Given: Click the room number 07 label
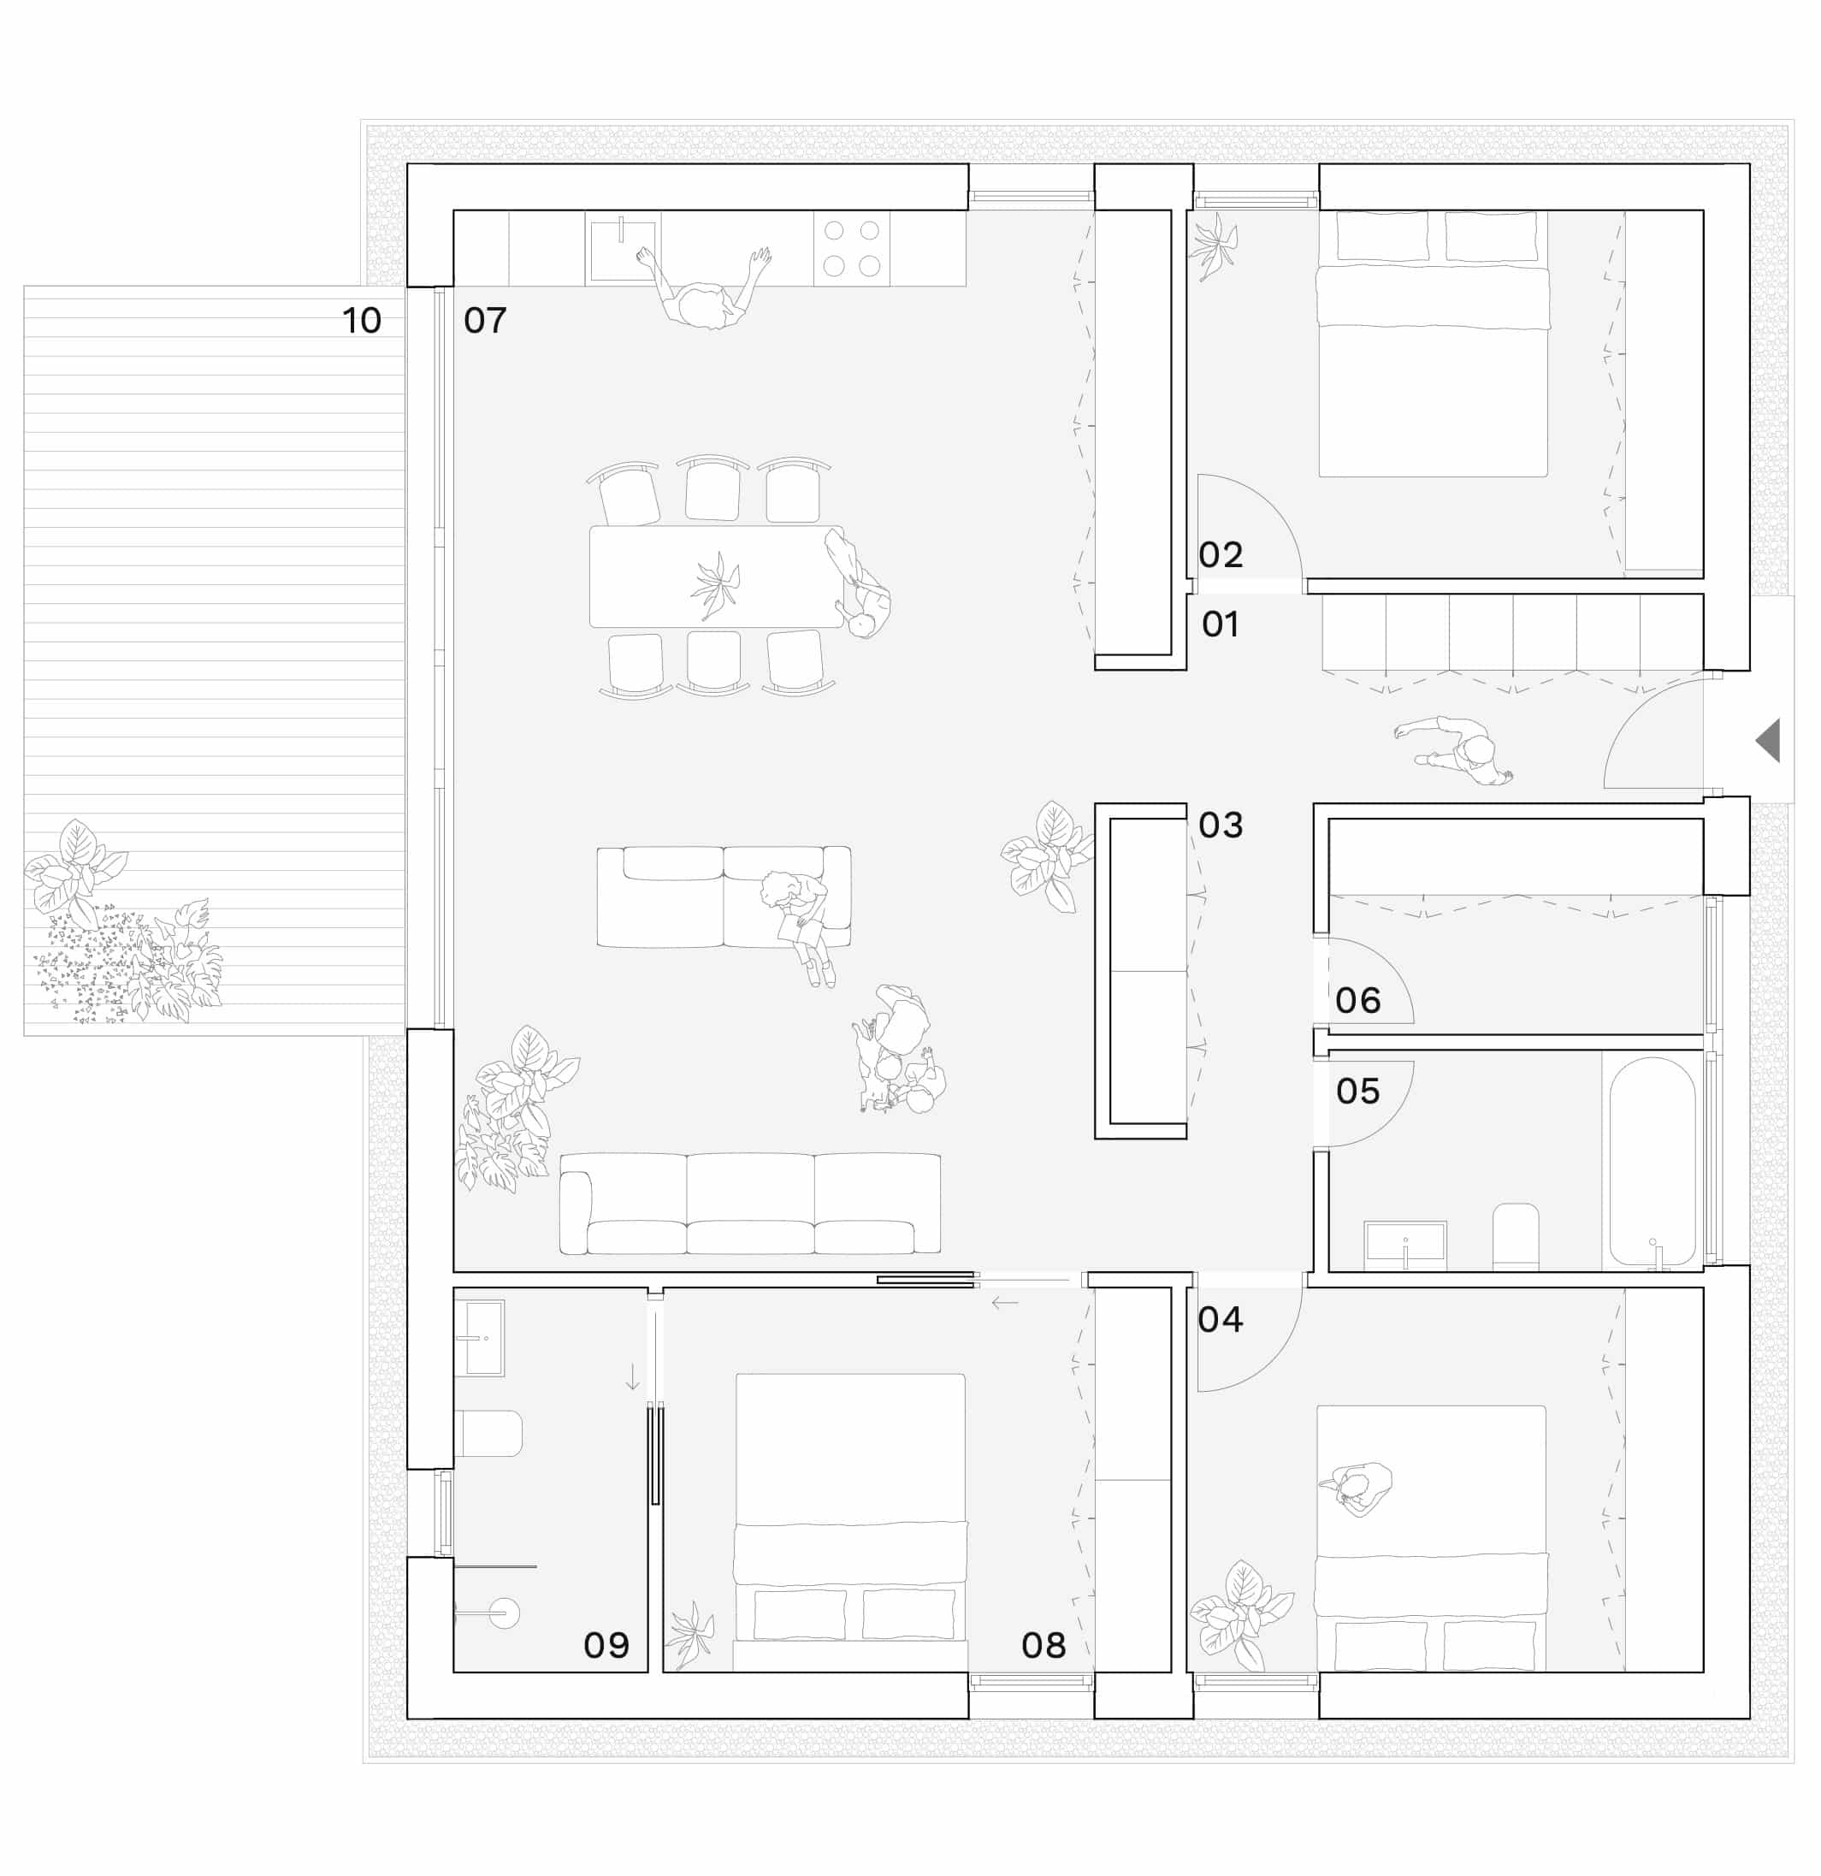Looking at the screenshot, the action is pos(484,320).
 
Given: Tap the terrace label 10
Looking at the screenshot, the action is pos(362,320).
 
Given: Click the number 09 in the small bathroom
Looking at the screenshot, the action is pos(606,1644).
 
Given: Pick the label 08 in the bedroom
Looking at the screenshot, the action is pos(1043,1644).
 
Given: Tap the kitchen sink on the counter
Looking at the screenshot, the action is pos(623,249).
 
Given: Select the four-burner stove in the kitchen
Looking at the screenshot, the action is pos(852,248).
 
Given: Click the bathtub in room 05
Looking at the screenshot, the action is pos(1652,1162).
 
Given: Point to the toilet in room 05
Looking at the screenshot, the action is pos(1516,1237).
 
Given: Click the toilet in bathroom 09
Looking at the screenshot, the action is pos(488,1433).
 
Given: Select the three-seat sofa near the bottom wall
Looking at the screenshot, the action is pos(750,1203).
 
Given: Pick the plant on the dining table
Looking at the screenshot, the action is pos(715,586).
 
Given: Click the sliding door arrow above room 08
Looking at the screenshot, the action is pos(1005,1303).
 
